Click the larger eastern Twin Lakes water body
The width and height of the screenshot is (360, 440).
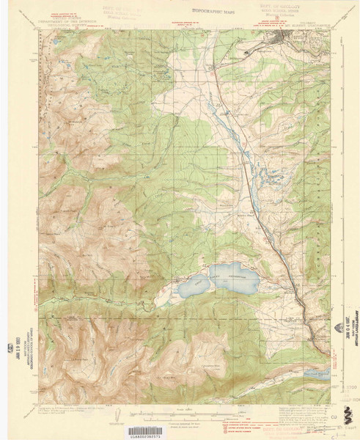click(x=233, y=277)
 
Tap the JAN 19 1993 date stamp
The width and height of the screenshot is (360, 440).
click(x=32, y=344)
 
